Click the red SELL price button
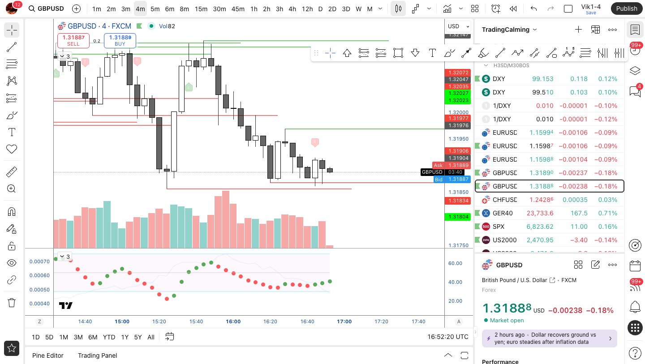(73, 40)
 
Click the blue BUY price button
(120, 40)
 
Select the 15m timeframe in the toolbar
(201, 9)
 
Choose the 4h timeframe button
(292, 9)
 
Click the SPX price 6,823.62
(540, 227)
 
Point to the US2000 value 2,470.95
(540, 240)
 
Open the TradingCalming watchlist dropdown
(509, 30)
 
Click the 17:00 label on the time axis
(344, 321)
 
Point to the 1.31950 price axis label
(459, 139)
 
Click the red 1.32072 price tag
(458, 73)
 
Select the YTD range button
(109, 337)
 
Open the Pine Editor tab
(48, 355)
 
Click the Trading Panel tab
(97, 355)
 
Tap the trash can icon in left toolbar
(12, 303)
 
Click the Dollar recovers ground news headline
(545, 338)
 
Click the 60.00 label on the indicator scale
(455, 263)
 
